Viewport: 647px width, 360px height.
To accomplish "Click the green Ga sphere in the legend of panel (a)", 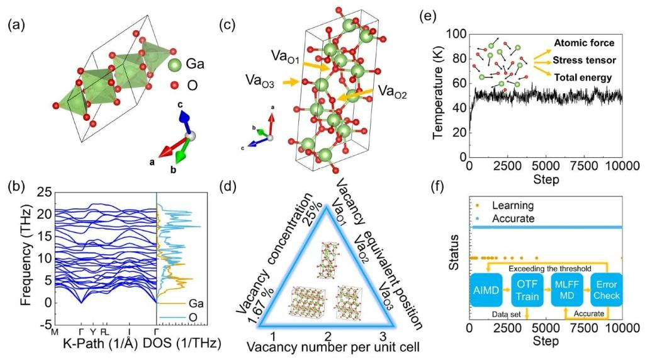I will tap(177, 64).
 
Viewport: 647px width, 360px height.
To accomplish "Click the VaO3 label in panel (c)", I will tap(262, 81).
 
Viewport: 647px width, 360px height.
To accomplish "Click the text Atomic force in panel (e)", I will tap(583, 43).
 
